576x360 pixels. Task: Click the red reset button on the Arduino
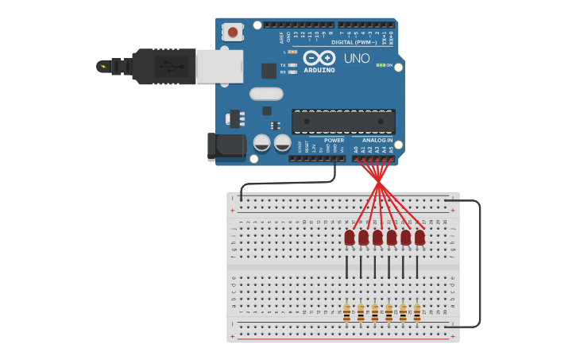click(232, 33)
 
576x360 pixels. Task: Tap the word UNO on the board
click(357, 58)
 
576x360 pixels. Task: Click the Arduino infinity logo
click(319, 58)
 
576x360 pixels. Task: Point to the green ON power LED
click(381, 65)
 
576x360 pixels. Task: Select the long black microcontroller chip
click(343, 122)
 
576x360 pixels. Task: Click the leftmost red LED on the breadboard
click(350, 237)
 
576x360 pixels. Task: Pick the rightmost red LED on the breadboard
click(419, 237)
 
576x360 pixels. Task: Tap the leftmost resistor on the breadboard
click(346, 312)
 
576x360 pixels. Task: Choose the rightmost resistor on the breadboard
click(416, 312)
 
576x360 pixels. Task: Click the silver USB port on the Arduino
click(219, 67)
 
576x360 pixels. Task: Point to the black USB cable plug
click(163, 66)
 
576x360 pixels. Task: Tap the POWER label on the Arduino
click(334, 140)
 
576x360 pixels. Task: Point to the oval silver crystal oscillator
click(266, 94)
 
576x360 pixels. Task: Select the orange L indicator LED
click(292, 52)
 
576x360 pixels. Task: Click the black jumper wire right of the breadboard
click(479, 262)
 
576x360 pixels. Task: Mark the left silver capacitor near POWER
click(261, 143)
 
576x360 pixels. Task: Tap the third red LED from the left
click(377, 237)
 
